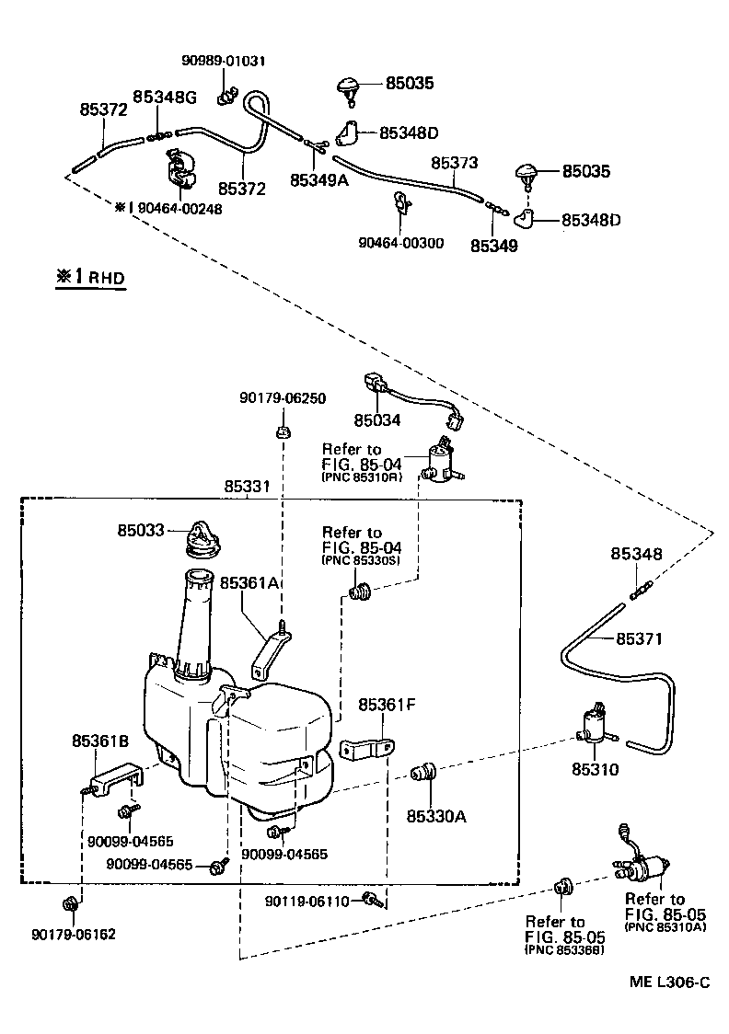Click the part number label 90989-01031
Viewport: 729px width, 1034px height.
pos(222,62)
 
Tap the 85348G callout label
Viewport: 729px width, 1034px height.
pos(165,97)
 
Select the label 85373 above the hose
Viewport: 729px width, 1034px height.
pos(455,162)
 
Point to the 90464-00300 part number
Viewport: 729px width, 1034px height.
pos(401,243)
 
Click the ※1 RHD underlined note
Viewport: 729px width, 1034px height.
pos(89,277)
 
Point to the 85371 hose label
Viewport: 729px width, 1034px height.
pos(639,638)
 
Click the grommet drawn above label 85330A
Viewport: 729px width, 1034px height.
pos(424,773)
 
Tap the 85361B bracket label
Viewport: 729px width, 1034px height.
pos(100,740)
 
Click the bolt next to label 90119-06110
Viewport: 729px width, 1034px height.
pos(370,899)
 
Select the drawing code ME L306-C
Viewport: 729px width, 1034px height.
pos(669,982)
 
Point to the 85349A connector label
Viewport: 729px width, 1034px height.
pos(318,180)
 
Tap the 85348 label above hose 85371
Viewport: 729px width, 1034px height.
pos(636,554)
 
